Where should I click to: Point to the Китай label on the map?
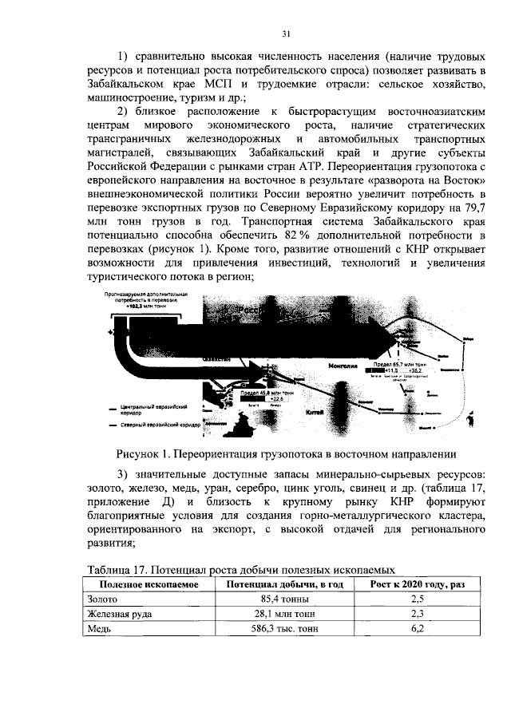(x=313, y=413)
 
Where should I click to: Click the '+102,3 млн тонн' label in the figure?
(x=137, y=305)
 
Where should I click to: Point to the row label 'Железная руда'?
(x=120, y=614)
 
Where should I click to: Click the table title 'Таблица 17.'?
(x=121, y=570)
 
